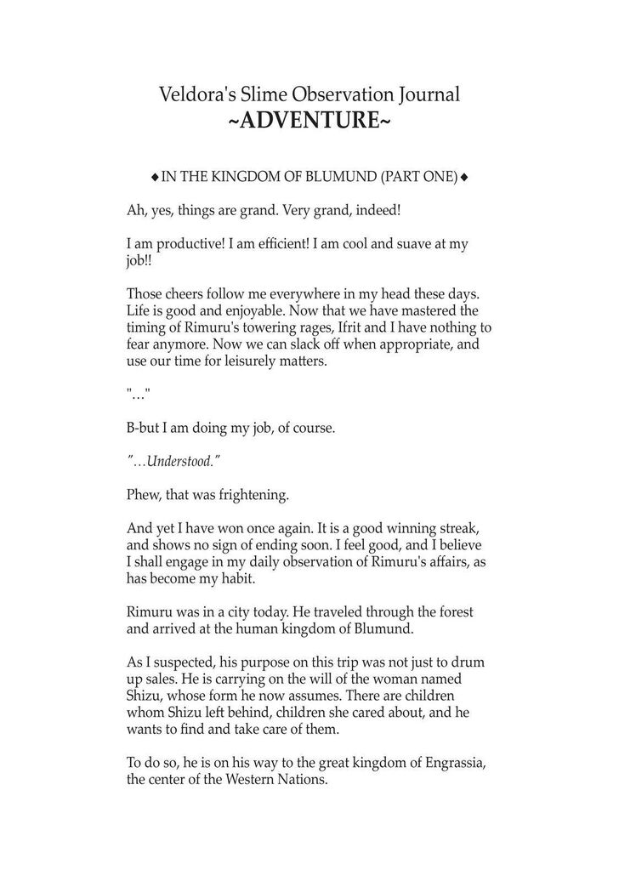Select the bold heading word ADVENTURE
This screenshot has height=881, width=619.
pos(309,121)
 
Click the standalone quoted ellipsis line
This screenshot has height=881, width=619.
pos(137,396)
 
